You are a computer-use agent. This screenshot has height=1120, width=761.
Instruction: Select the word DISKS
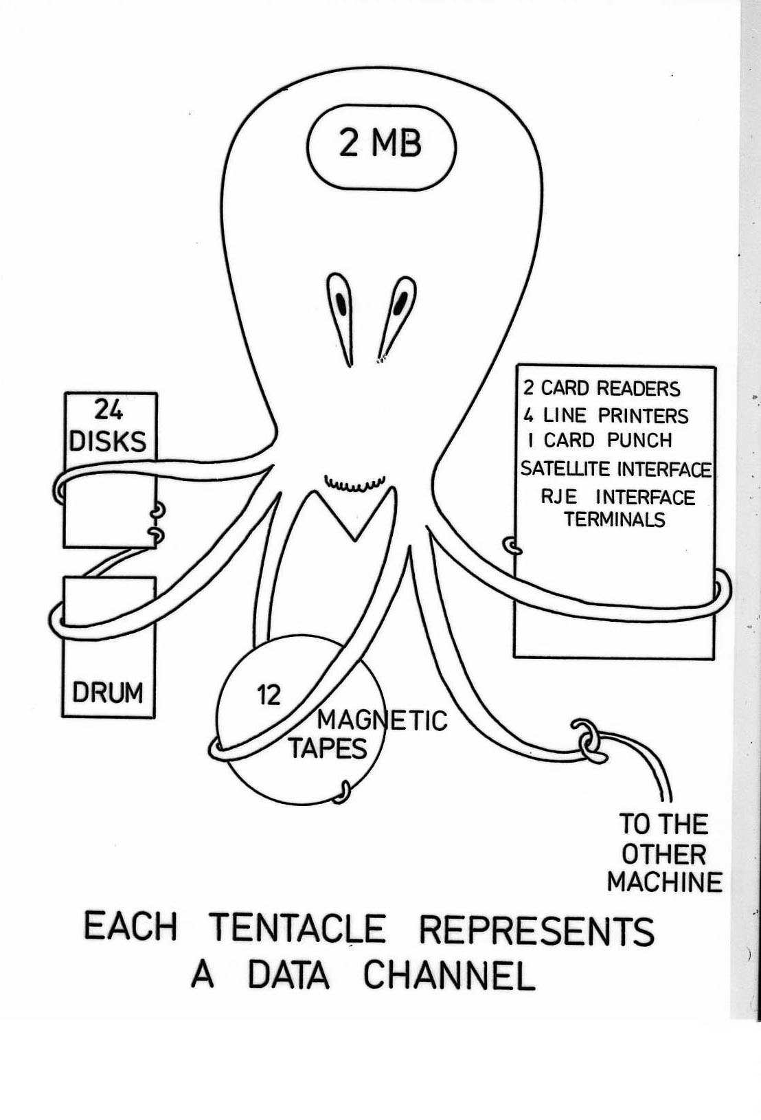tap(109, 441)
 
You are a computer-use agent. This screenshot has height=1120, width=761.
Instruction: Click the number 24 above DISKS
tap(109, 412)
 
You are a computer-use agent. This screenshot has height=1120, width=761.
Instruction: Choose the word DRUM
tap(108, 692)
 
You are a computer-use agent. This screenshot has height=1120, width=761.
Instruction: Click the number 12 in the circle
tap(269, 695)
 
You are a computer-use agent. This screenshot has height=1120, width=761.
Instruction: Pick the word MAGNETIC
tap(382, 720)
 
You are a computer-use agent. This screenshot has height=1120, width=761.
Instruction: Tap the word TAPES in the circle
tap(328, 748)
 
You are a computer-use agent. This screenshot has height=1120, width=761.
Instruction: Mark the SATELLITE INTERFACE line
tap(615, 469)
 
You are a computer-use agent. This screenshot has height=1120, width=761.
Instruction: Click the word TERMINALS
tap(615, 519)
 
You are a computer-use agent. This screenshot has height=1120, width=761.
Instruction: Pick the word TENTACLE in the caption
tap(297, 929)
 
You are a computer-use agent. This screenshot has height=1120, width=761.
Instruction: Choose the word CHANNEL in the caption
tap(449, 976)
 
